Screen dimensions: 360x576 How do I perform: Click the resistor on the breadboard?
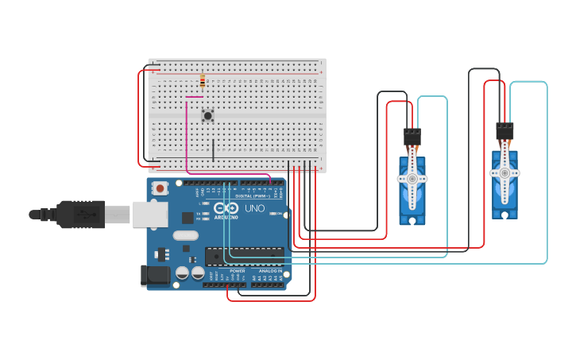pos(203,81)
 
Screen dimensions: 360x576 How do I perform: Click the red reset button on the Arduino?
pos(160,189)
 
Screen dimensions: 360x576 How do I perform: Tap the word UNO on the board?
pos(254,208)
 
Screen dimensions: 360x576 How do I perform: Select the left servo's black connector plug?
pos(412,137)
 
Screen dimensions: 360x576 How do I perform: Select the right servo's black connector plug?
pos(504,130)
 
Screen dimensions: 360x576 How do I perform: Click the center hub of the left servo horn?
pos(412,179)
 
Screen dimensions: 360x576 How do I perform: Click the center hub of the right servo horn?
pos(504,172)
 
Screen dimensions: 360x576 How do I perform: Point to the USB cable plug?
pos(79,214)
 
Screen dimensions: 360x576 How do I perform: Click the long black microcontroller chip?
pos(244,256)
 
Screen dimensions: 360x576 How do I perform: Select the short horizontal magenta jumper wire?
pos(194,98)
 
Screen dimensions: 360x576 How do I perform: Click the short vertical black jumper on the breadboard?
pos(213,149)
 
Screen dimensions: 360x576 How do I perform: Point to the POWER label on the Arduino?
pos(238,271)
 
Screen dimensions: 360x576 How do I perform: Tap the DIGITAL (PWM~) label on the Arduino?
pos(253,195)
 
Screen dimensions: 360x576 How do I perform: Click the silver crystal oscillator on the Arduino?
pos(184,235)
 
